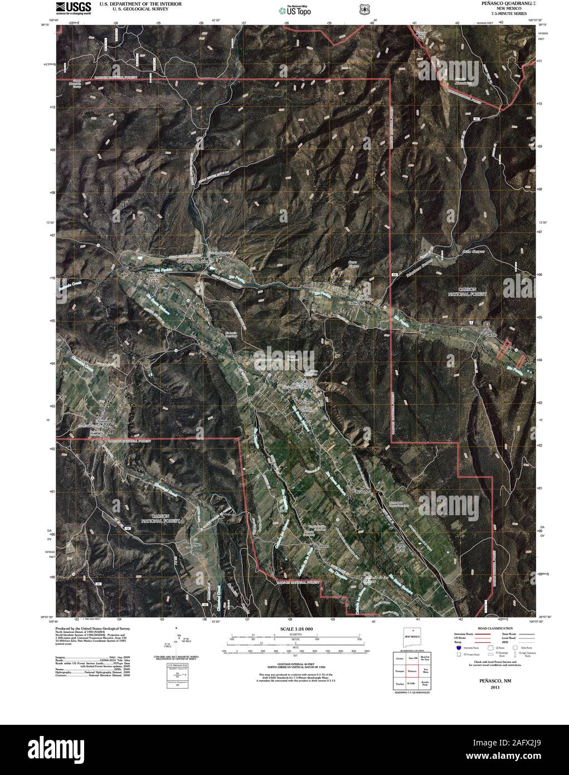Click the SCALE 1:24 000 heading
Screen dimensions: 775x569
[x=296, y=629]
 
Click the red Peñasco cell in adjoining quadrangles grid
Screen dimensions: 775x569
[x=412, y=670]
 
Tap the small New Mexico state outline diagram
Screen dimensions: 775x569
[x=411, y=636]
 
